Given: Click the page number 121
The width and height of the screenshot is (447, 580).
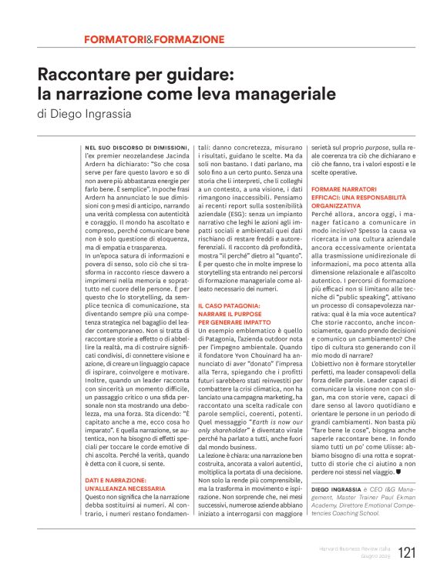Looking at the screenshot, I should click(x=407, y=552).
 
